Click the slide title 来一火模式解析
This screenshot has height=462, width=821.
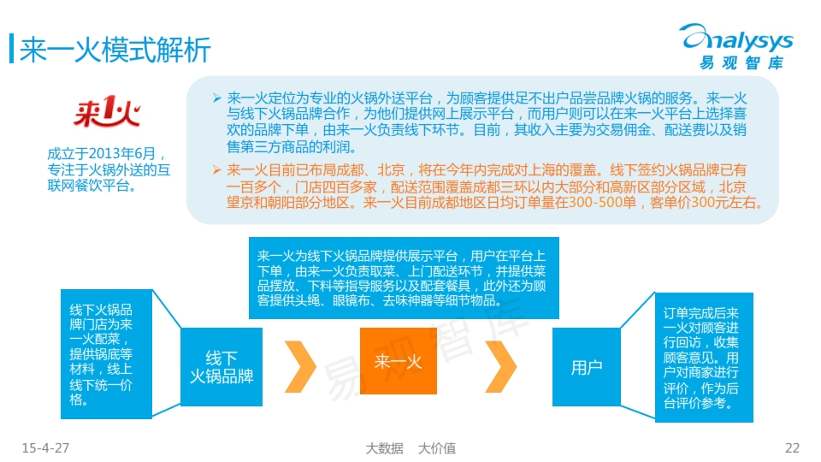coord(115,50)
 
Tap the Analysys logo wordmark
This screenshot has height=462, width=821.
coord(736,38)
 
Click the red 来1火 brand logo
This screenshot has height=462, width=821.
coord(108,111)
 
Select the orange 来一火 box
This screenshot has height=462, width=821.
coord(399,361)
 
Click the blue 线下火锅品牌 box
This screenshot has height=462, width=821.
coord(221,367)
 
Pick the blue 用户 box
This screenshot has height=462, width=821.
coord(587,367)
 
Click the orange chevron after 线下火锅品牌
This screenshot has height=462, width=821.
coord(300,367)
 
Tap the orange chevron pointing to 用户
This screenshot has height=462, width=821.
coord(500,367)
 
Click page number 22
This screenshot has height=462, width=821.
coord(792,447)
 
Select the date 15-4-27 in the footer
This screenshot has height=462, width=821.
coord(45,447)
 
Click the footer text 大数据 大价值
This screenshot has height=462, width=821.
coord(410,448)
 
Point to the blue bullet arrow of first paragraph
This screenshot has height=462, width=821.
coord(216,98)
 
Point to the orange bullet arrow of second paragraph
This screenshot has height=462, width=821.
coord(216,169)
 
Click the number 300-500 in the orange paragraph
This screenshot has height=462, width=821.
coord(603,202)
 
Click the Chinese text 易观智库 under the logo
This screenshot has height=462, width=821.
coord(741,62)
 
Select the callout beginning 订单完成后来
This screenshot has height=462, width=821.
coord(704,358)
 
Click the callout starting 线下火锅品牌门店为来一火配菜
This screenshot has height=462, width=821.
coord(106,354)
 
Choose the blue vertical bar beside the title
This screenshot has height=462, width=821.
coord(11,49)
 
